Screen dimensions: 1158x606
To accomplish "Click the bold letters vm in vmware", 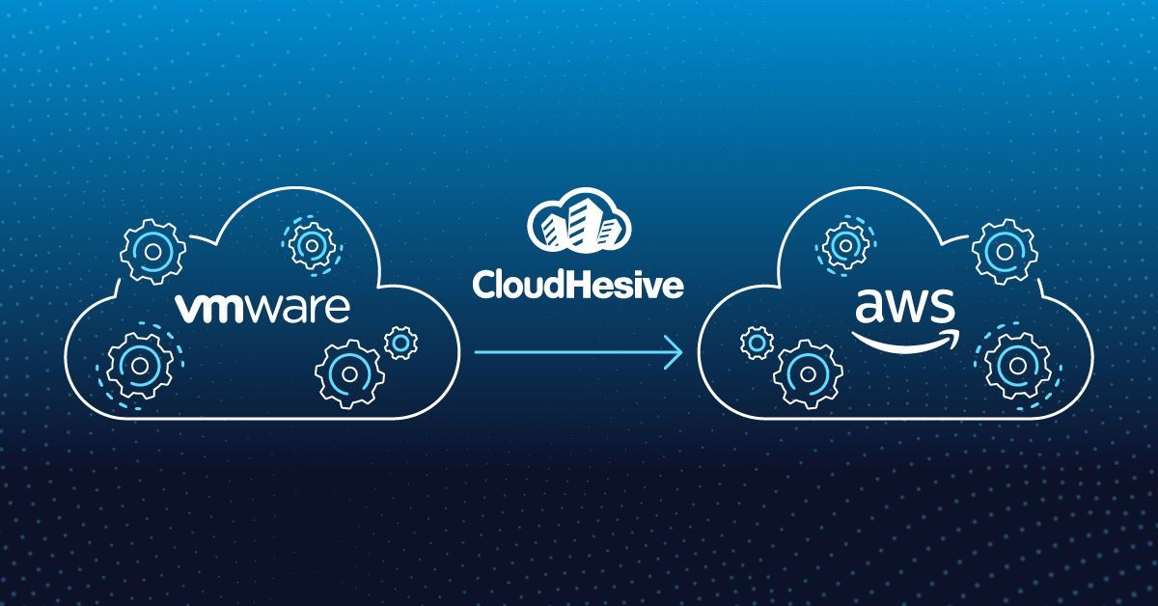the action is pyautogui.click(x=205, y=310).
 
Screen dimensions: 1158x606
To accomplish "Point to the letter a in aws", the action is pyautogui.click(x=869, y=310).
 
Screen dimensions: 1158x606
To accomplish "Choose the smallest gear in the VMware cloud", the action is pyautogui.click(x=400, y=341).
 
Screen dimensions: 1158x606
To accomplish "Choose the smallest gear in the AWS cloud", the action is pyautogui.click(x=756, y=341).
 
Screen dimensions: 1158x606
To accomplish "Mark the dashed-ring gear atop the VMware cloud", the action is pyautogui.click(x=310, y=246).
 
